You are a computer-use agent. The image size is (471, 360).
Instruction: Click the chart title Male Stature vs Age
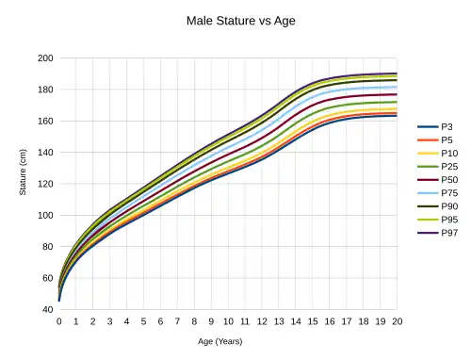(x=241, y=21)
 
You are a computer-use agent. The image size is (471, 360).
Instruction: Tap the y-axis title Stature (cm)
(x=23, y=172)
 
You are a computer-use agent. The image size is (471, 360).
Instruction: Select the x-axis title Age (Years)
(x=220, y=341)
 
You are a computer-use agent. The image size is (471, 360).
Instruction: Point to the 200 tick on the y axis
(x=45, y=58)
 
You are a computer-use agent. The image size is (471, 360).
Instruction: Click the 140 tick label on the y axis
(x=45, y=153)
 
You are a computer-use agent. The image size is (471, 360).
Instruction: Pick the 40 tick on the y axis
(x=48, y=309)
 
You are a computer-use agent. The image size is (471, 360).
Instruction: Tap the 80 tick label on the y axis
(x=48, y=247)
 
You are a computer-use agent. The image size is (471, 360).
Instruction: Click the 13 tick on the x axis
(x=279, y=321)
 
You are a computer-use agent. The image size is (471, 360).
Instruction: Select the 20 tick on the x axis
(x=398, y=321)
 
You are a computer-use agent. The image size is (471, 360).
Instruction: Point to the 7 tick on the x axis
(x=177, y=321)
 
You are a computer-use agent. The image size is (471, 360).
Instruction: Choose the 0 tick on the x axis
(x=59, y=321)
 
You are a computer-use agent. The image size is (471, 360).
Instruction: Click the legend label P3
(x=447, y=127)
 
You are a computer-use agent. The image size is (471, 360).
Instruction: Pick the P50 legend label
(x=449, y=180)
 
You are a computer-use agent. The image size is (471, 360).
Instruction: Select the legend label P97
(x=449, y=233)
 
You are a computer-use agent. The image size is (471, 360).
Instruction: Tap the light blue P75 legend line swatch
(x=428, y=193)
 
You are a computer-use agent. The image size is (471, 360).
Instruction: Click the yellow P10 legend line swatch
(x=428, y=154)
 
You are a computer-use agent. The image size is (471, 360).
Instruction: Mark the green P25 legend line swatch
(x=428, y=167)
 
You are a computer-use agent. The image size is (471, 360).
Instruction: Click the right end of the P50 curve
(x=397, y=94)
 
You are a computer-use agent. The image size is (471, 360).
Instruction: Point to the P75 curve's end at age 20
(x=397, y=87)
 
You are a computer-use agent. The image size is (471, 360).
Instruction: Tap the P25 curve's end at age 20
(x=397, y=102)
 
